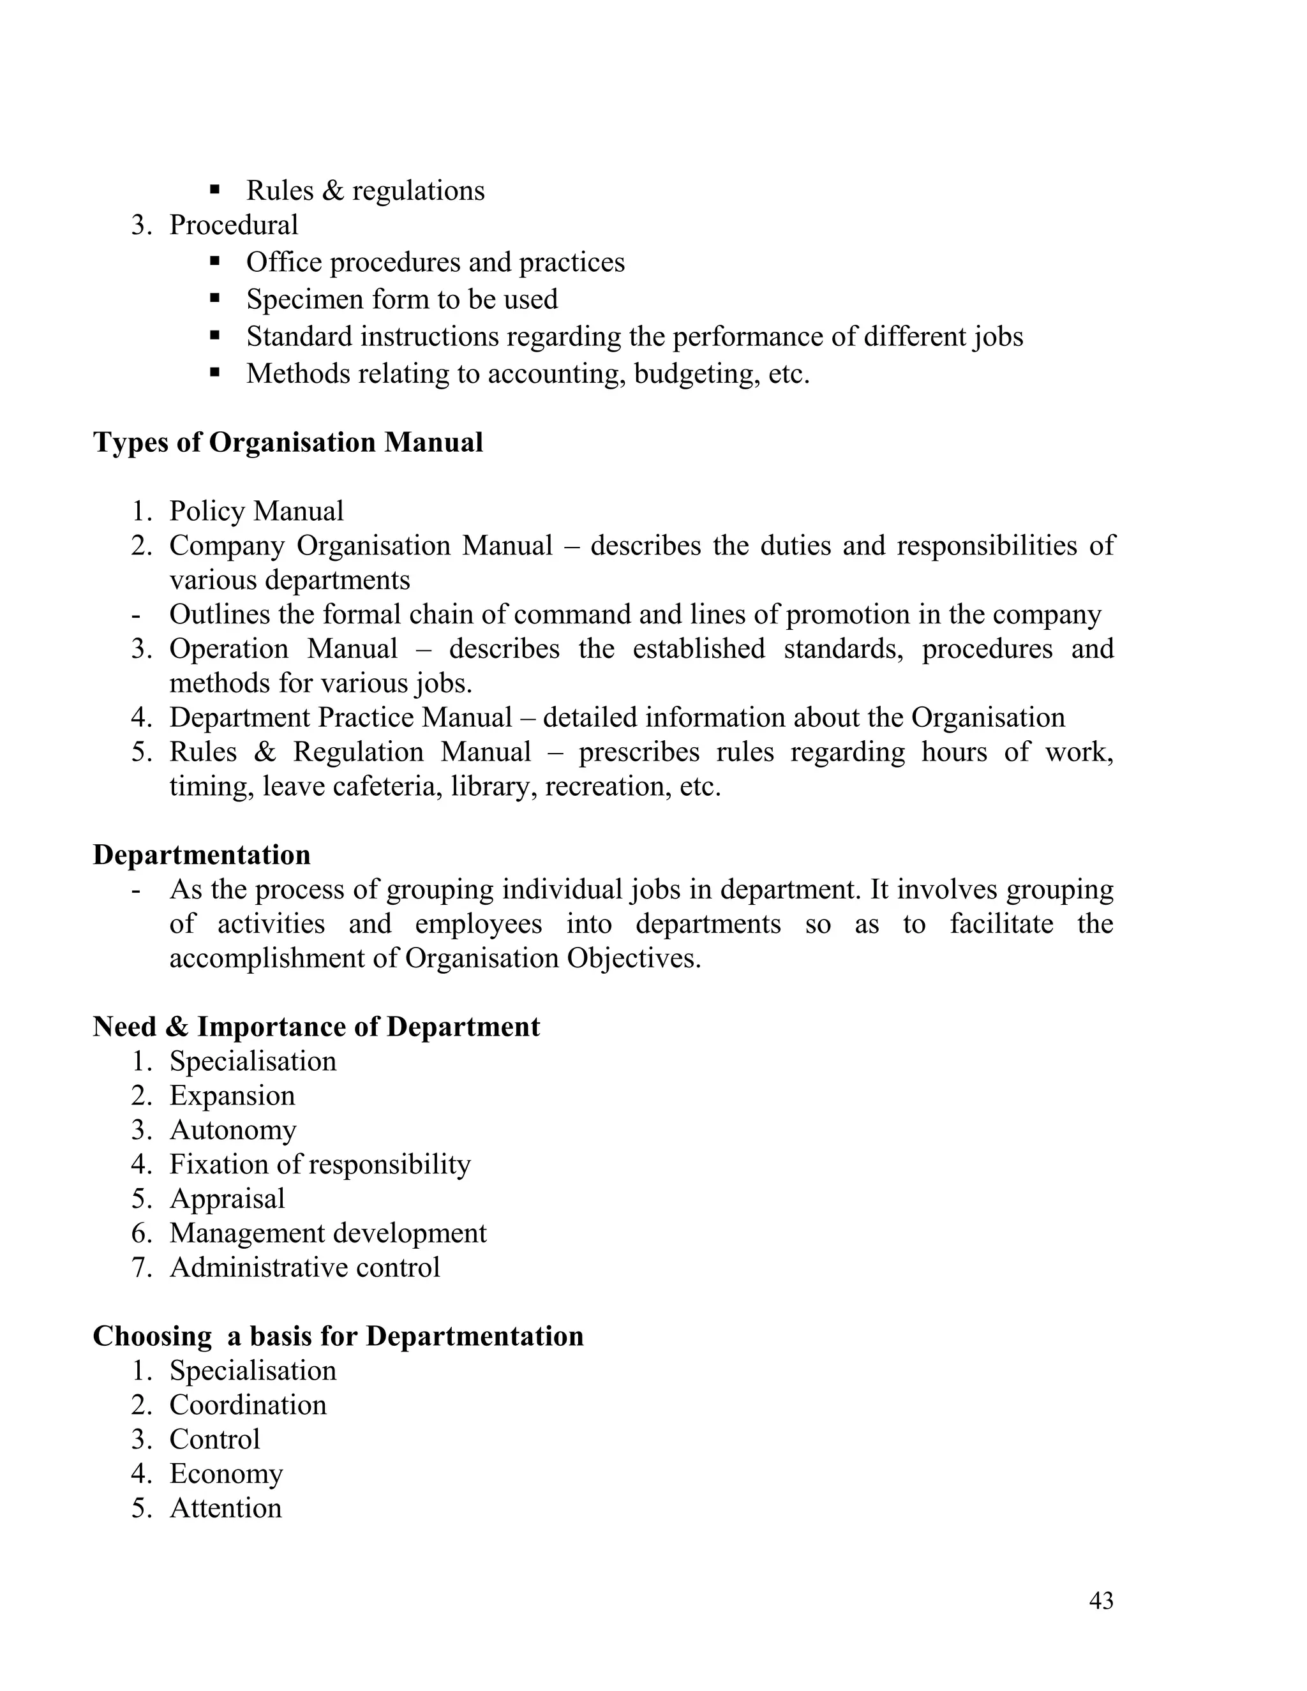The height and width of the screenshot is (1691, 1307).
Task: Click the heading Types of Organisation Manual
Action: pyautogui.click(x=287, y=442)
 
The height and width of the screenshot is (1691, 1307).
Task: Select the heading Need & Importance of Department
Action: pyautogui.click(x=316, y=1027)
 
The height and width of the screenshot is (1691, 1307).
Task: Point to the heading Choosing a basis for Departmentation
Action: pyautogui.click(x=338, y=1336)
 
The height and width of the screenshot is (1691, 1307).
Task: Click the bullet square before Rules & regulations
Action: pyautogui.click(x=215, y=189)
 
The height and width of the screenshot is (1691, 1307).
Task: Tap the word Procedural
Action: pyautogui.click(x=233, y=225)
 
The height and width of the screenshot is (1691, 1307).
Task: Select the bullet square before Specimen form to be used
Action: pyautogui.click(x=215, y=297)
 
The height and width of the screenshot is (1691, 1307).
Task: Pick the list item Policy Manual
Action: pyautogui.click(x=257, y=511)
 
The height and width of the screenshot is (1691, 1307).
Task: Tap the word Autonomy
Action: pyautogui.click(x=232, y=1131)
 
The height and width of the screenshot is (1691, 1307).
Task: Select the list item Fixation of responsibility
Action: pyautogui.click(x=320, y=1165)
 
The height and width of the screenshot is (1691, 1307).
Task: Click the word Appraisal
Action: pyautogui.click(x=227, y=1198)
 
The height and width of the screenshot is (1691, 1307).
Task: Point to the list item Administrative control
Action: pyautogui.click(x=304, y=1267)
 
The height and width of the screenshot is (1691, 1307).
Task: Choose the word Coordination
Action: pyautogui.click(x=248, y=1405)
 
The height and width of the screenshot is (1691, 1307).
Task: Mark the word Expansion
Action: pyautogui.click(x=232, y=1096)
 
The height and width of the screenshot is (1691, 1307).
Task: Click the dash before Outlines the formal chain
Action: pyautogui.click(x=137, y=615)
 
